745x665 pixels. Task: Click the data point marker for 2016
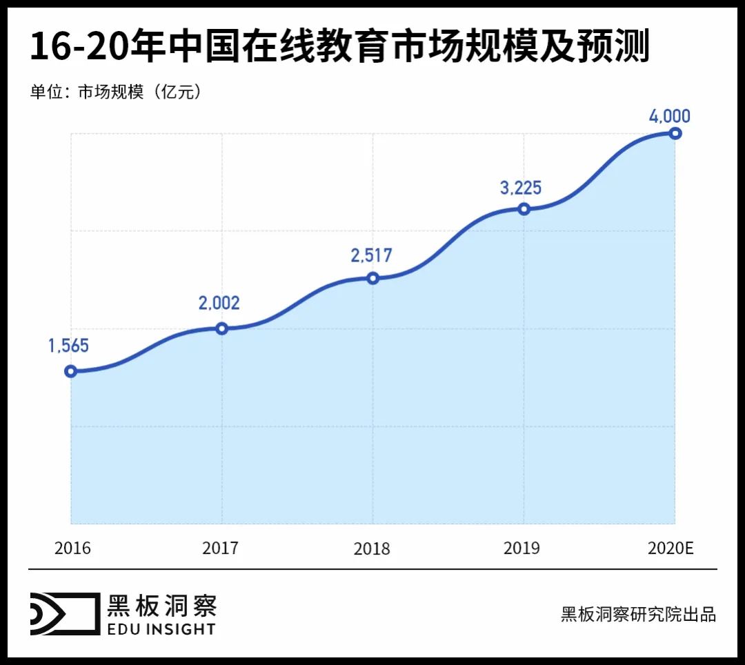point(70,371)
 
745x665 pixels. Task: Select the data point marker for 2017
point(221,328)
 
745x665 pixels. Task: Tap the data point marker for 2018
point(372,278)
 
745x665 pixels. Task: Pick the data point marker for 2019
point(524,208)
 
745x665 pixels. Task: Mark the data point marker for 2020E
point(675,133)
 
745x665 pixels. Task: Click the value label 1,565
point(68,346)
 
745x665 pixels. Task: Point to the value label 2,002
point(219,303)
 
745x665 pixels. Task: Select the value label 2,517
point(371,255)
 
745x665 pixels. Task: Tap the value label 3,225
point(521,187)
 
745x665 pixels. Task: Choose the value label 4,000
point(669,115)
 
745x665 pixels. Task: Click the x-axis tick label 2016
point(72,548)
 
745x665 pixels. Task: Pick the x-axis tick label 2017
point(220,548)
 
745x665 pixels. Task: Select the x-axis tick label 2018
point(371,549)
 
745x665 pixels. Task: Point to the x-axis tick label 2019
point(521,548)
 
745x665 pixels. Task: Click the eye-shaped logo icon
point(63,613)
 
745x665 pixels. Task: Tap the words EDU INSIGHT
point(161,628)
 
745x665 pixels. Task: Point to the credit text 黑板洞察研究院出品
point(638,614)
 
